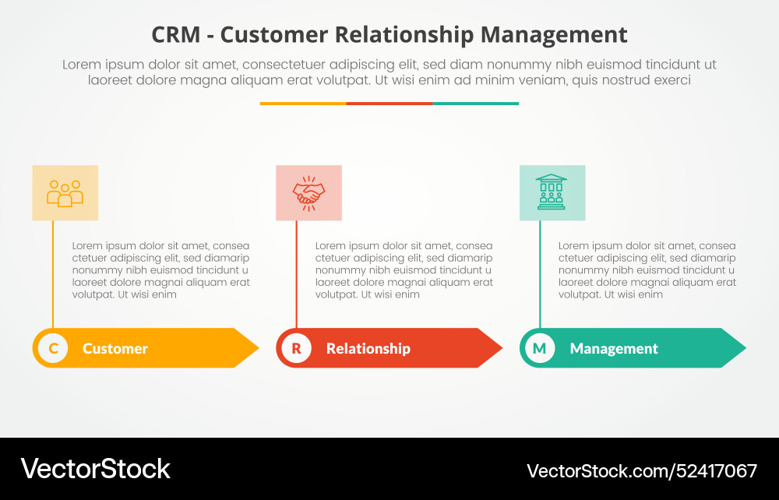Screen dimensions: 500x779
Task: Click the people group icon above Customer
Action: click(65, 193)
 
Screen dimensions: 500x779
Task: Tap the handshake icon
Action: click(308, 193)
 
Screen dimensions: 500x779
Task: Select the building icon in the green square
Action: click(552, 192)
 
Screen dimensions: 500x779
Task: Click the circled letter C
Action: click(53, 348)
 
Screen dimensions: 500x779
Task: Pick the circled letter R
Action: click(296, 348)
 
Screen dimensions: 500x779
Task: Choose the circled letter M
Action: click(539, 348)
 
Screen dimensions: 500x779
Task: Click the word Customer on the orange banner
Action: click(115, 349)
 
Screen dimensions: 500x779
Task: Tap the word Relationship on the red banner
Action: click(368, 349)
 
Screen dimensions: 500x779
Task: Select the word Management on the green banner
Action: click(614, 349)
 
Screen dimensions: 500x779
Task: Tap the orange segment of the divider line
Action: click(303, 103)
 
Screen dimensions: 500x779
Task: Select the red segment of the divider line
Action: click(389, 103)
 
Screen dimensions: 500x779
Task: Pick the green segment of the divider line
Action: click(475, 103)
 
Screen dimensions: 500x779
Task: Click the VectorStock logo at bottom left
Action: click(95, 469)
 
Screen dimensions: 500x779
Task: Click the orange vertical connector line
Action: click(53, 273)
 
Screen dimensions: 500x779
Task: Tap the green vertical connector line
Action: click(540, 273)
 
